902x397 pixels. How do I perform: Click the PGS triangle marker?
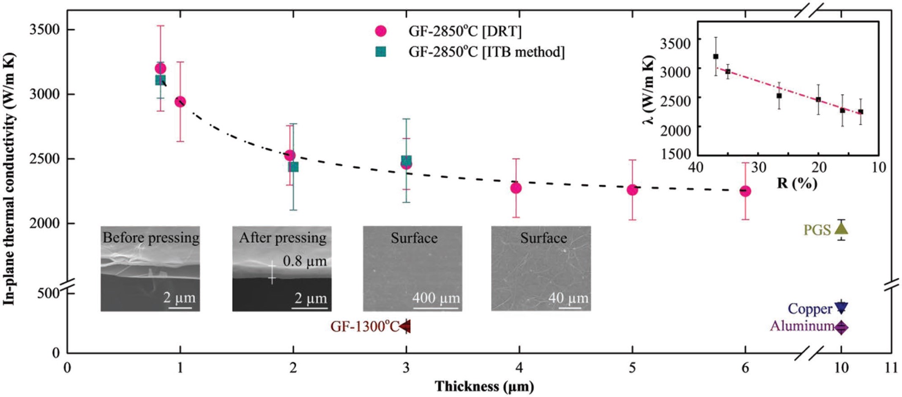[841, 228]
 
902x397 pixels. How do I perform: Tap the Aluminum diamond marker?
[841, 327]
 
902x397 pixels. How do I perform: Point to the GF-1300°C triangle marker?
[406, 326]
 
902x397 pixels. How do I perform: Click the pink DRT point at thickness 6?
[745, 191]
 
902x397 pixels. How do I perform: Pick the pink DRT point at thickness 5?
[632, 190]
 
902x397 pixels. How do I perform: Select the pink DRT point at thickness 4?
[516, 188]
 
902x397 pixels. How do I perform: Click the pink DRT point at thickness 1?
[180, 102]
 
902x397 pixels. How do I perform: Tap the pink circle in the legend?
[381, 31]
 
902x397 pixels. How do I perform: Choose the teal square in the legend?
[381, 52]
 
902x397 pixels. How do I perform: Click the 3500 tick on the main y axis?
[44, 30]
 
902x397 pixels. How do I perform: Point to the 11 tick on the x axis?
[891, 368]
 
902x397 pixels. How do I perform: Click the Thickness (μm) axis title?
[484, 386]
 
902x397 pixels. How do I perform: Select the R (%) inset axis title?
[797, 183]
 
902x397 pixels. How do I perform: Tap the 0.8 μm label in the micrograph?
[305, 261]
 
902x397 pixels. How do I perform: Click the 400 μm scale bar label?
[436, 298]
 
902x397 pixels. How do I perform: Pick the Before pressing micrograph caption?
[151, 238]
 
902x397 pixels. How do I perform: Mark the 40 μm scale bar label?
[568, 298]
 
